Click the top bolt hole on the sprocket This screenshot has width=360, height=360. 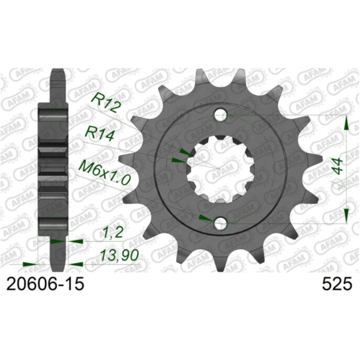coord(221,113)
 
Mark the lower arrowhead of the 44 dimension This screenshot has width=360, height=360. coord(347,213)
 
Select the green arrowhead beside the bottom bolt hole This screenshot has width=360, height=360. coord(205,217)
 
